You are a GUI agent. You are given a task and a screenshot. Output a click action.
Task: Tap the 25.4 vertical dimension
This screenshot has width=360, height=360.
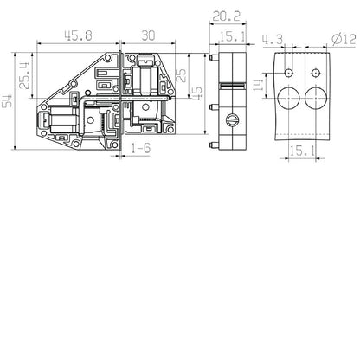click(x=25, y=74)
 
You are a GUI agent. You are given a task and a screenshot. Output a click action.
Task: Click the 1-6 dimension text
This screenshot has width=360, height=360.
click(x=142, y=150)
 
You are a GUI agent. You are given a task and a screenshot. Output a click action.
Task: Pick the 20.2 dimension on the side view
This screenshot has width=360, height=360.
click(x=229, y=15)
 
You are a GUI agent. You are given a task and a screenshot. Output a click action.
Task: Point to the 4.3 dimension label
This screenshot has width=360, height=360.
click(x=272, y=37)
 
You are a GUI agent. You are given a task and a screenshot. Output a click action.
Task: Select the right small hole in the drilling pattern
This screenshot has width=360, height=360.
click(x=317, y=71)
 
